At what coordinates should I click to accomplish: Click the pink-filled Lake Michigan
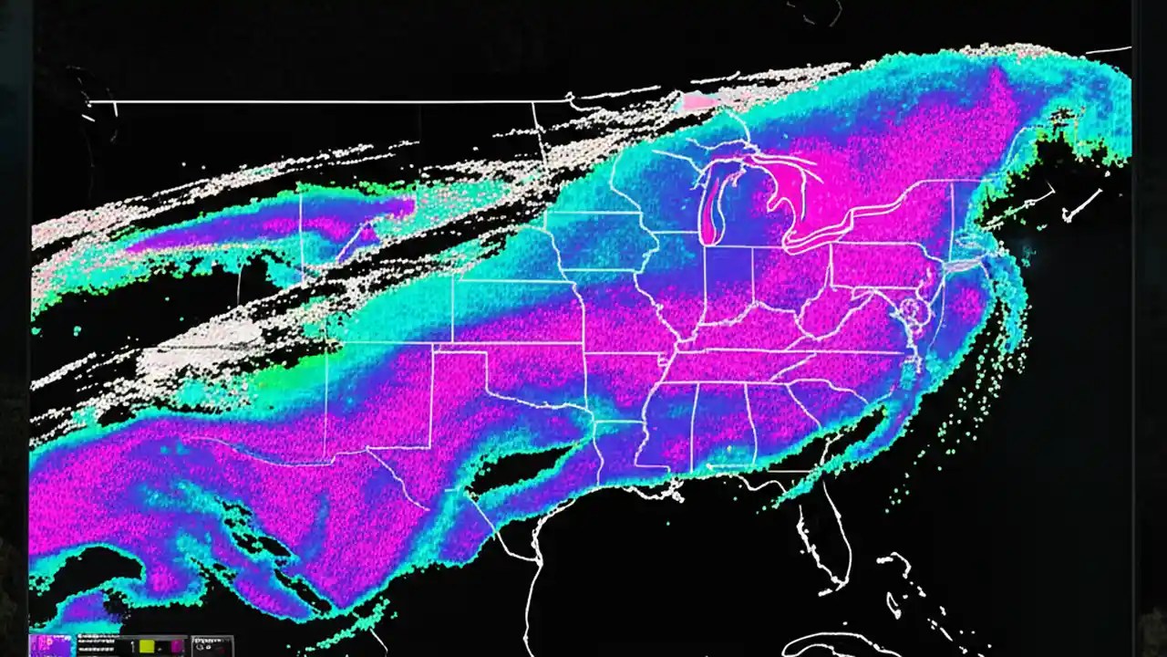coord(708,210)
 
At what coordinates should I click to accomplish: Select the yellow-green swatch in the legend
coord(147,646)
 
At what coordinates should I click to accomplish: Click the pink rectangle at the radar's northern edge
coord(700,101)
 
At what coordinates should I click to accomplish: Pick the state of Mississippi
coord(670,424)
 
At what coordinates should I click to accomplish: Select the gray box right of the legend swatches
coord(212,646)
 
